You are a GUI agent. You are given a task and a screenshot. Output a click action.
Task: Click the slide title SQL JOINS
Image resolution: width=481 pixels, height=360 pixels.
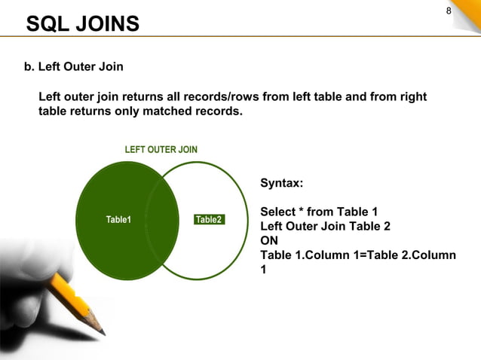tap(83, 24)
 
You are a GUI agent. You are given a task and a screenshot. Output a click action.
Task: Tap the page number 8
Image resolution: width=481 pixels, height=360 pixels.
tap(449, 11)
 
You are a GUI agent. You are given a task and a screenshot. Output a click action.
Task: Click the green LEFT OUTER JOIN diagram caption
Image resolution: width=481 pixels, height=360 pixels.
tap(161, 149)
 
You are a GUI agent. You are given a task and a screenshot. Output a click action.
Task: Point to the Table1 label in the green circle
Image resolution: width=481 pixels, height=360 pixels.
tap(118, 220)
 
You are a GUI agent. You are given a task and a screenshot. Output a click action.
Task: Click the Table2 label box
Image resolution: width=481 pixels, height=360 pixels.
tap(209, 220)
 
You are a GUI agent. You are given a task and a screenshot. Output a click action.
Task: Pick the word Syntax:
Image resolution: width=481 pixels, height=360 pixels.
tap(282, 183)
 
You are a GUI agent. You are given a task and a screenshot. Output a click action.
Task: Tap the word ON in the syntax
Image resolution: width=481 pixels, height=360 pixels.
tap(269, 240)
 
